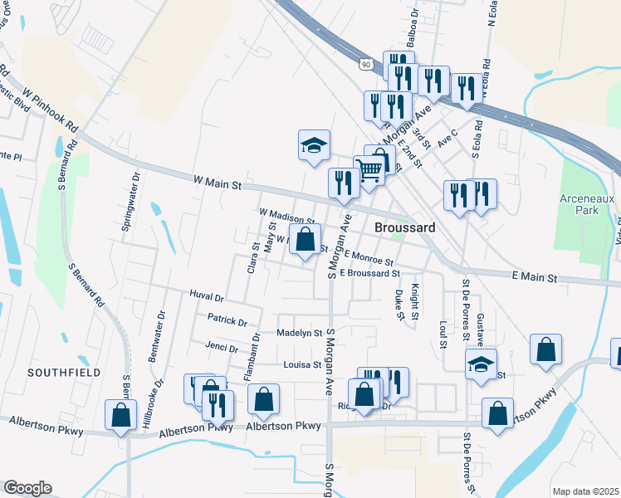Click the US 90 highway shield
366,63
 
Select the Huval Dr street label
207,296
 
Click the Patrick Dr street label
227,321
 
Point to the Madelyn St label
299,333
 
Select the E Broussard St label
370,273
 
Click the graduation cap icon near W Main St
315,146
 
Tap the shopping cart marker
370,168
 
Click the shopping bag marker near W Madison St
306,241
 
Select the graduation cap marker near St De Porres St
481,364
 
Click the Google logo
27,487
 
